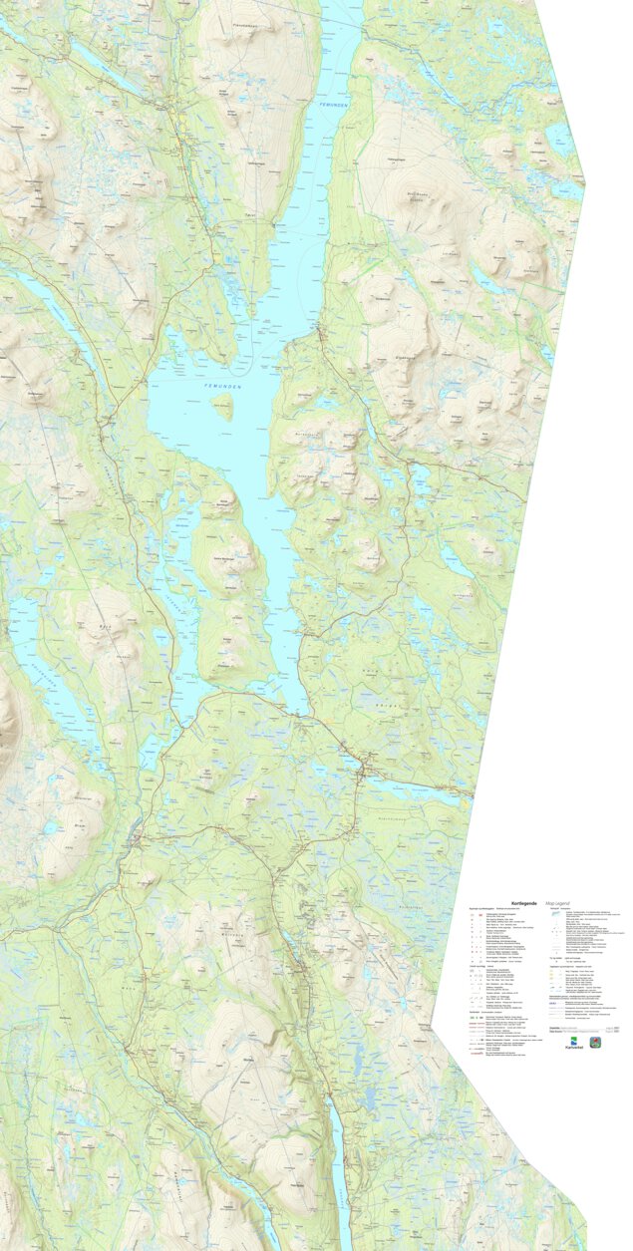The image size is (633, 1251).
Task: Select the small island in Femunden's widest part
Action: tap(222, 405)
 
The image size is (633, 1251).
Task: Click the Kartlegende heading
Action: tap(524, 902)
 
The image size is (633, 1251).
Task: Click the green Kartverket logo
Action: tap(574, 1043)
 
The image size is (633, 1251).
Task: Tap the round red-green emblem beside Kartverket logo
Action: tap(596, 1042)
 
